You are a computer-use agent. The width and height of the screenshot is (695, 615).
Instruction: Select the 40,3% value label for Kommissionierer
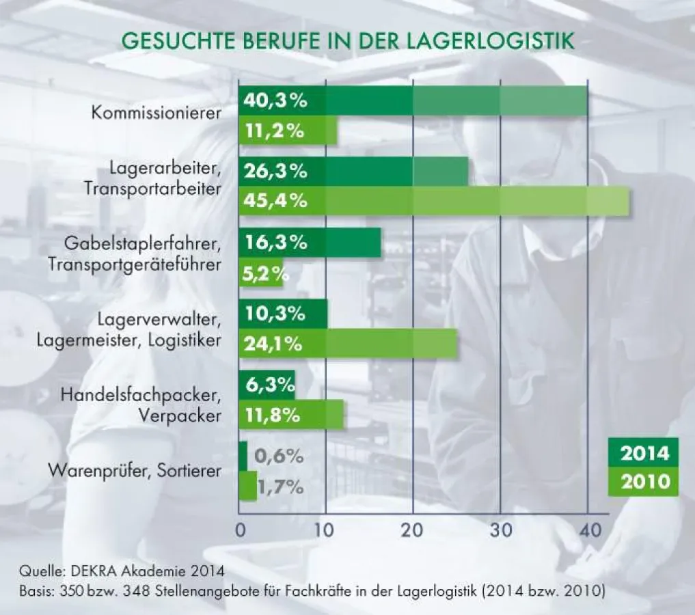pyautogui.click(x=275, y=101)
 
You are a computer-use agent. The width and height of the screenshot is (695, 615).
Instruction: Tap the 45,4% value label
pyautogui.click(x=275, y=202)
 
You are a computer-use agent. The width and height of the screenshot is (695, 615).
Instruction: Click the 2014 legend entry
pyautogui.click(x=643, y=453)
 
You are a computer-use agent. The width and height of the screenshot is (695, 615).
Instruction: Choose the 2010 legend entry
pyautogui.click(x=643, y=482)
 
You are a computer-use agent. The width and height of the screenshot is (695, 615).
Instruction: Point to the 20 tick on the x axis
pyautogui.click(x=413, y=530)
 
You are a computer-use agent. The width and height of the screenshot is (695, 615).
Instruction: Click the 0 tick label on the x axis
pyautogui.click(x=240, y=530)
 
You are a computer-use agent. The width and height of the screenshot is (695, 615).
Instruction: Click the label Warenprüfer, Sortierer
pyautogui.click(x=135, y=471)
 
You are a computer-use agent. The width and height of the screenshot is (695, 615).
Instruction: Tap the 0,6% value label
pyautogui.click(x=278, y=456)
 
